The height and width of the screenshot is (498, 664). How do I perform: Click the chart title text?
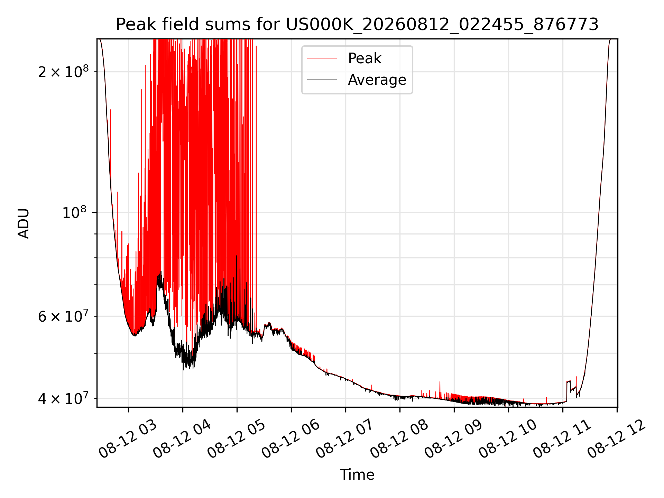[x=357, y=25]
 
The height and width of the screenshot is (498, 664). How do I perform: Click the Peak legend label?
[x=365, y=58]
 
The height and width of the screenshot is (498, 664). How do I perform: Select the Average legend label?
[x=377, y=80]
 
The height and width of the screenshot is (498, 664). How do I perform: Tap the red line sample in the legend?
[x=322, y=58]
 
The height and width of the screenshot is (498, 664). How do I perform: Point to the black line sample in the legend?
[x=322, y=80]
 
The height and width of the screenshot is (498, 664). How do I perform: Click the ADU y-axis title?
[x=24, y=223]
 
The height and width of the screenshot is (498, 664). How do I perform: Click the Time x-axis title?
[x=357, y=475]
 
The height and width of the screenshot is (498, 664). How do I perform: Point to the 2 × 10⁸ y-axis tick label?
[x=63, y=72]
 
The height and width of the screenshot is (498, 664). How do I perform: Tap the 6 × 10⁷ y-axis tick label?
[x=63, y=316]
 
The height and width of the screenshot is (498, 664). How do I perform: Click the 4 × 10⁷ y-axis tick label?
[x=63, y=398]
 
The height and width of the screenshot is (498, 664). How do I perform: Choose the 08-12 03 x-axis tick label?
[x=128, y=438]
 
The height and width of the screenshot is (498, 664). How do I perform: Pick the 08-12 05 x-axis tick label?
[x=237, y=438]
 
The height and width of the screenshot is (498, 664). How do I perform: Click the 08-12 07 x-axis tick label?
[x=345, y=438]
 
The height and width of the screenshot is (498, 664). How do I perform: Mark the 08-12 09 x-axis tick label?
[x=454, y=438]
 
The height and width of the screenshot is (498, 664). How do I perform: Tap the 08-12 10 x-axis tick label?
[x=508, y=438]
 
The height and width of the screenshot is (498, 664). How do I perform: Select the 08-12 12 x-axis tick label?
[x=617, y=438]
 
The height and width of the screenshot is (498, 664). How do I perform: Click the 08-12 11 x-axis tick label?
[x=562, y=438]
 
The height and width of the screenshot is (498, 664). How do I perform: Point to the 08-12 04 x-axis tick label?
[x=182, y=438]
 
